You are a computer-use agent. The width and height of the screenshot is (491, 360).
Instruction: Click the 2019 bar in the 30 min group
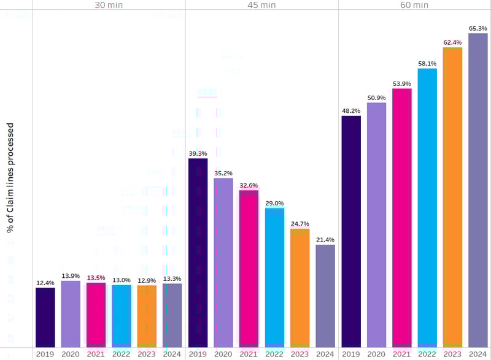click(45, 317)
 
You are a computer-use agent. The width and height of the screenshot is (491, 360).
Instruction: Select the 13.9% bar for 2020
click(71, 314)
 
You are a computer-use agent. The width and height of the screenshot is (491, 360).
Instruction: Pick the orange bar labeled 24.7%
click(300, 288)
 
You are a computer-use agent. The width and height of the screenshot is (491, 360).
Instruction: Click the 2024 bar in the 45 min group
click(325, 296)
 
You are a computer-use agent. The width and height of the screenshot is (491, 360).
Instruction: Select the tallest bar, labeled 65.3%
click(477, 190)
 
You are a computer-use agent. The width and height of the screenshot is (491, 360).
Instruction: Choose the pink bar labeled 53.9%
click(402, 218)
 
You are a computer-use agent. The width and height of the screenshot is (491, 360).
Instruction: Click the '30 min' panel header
click(109, 5)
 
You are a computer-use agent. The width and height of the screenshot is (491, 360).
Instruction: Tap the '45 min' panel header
click(261, 5)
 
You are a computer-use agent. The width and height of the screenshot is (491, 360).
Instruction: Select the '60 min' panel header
click(414, 5)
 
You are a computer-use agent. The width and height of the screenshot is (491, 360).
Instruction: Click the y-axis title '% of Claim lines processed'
click(10, 178)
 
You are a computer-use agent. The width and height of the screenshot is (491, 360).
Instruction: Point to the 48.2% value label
click(351, 111)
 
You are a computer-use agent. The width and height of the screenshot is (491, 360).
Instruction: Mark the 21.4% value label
click(325, 240)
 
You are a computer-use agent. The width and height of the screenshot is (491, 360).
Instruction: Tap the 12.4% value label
click(45, 283)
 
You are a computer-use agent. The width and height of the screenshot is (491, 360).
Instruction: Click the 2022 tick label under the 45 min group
click(274, 354)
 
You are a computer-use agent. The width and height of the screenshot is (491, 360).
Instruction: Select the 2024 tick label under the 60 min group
click(477, 354)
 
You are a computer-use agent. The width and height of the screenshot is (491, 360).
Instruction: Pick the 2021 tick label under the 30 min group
click(96, 354)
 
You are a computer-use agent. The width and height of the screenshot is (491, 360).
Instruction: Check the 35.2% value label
click(223, 174)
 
